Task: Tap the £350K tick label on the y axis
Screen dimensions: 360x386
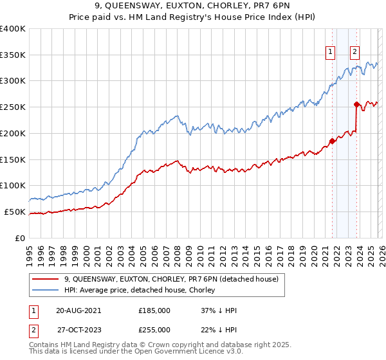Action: point(13,55)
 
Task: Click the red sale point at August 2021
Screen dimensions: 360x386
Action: point(333,141)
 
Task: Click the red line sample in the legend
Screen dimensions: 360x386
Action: point(46,279)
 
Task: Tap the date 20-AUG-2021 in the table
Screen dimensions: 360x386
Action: point(78,310)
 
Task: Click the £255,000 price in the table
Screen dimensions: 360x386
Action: point(154,330)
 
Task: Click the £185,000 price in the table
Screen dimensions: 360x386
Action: point(154,310)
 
